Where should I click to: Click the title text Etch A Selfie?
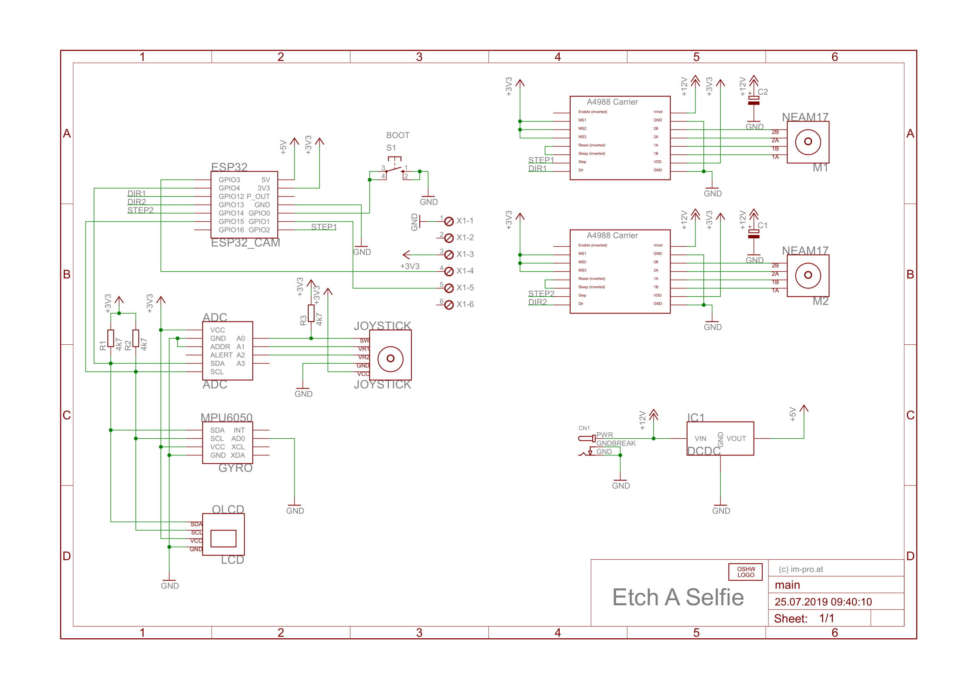pos(678,597)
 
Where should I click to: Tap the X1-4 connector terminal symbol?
pos(449,271)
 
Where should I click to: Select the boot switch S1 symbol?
pos(394,169)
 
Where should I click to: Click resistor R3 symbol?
pos(311,313)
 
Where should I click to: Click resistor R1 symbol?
pos(111,339)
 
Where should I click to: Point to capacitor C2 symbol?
pos(754,100)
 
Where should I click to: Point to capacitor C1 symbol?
pos(754,234)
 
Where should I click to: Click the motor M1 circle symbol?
pos(808,142)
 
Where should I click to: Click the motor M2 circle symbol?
pos(808,275)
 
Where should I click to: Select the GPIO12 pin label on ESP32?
pos(231,197)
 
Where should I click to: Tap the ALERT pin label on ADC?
pos(221,355)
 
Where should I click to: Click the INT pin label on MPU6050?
pos(239,430)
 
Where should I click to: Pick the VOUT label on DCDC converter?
pos(736,439)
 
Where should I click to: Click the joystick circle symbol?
pos(390,359)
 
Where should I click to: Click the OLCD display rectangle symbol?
pos(223,538)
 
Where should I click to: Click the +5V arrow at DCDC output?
pos(803,409)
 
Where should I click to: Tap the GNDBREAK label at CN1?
pos(616,443)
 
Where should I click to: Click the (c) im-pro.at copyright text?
pos(800,569)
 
